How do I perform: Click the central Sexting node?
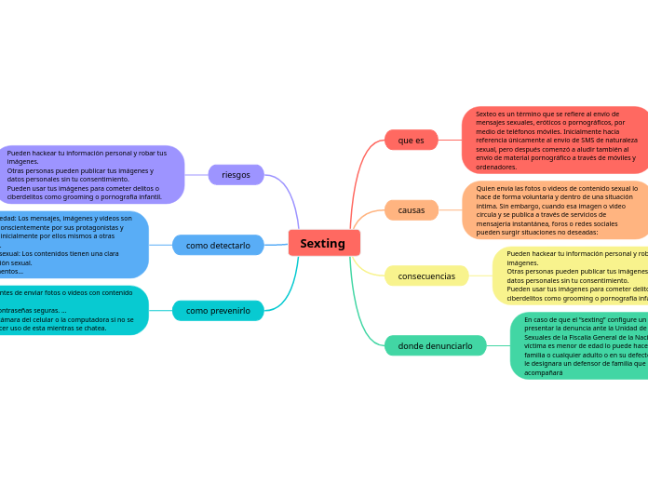[x=323, y=243]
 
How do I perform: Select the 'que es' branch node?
[x=411, y=140]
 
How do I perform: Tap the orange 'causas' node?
[x=411, y=209]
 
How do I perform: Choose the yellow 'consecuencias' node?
[x=426, y=276]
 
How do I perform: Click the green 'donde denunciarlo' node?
[x=435, y=345]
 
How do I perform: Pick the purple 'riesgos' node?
[x=236, y=174]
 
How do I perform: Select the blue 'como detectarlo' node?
[x=218, y=245]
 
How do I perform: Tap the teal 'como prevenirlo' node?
[x=218, y=310]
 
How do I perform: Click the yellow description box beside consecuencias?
[x=570, y=276]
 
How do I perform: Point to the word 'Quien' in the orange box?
[x=485, y=188]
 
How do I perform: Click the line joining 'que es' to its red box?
[x=450, y=140]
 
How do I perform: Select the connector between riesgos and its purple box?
[x=196, y=174]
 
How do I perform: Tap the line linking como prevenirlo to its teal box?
[x=160, y=310]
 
